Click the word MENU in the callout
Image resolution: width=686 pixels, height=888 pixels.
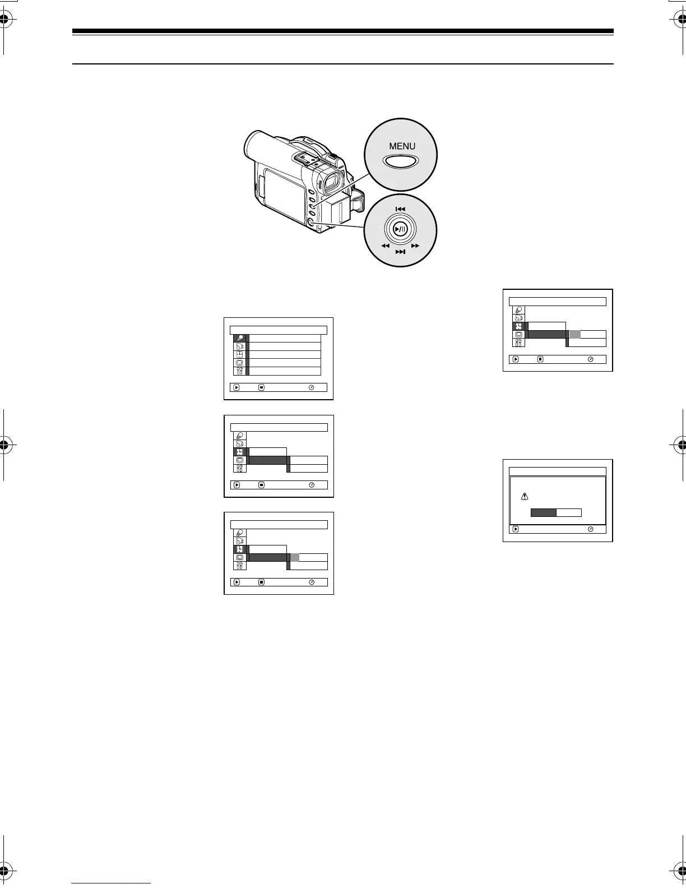(402, 146)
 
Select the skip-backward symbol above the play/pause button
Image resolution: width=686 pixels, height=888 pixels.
(400, 209)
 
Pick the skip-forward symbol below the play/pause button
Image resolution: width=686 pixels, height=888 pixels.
(400, 252)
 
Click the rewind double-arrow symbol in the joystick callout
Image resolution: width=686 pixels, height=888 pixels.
(385, 246)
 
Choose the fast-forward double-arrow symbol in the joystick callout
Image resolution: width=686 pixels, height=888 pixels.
(415, 246)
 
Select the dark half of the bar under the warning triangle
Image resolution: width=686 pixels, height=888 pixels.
(543, 512)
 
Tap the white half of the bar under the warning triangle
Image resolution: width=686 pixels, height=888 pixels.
(568, 512)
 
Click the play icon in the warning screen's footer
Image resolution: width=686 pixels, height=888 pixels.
(516, 529)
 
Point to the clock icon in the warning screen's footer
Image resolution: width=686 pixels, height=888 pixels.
(590, 529)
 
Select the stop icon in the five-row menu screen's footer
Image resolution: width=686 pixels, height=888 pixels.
(261, 387)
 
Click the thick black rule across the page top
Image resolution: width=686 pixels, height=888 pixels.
(343, 31)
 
